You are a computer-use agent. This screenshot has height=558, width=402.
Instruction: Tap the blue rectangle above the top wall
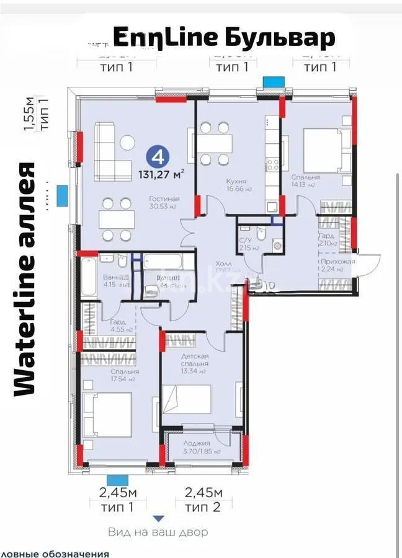272,82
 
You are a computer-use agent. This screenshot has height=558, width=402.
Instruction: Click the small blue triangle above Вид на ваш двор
159,518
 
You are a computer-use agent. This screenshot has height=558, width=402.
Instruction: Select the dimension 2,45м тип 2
200,500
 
